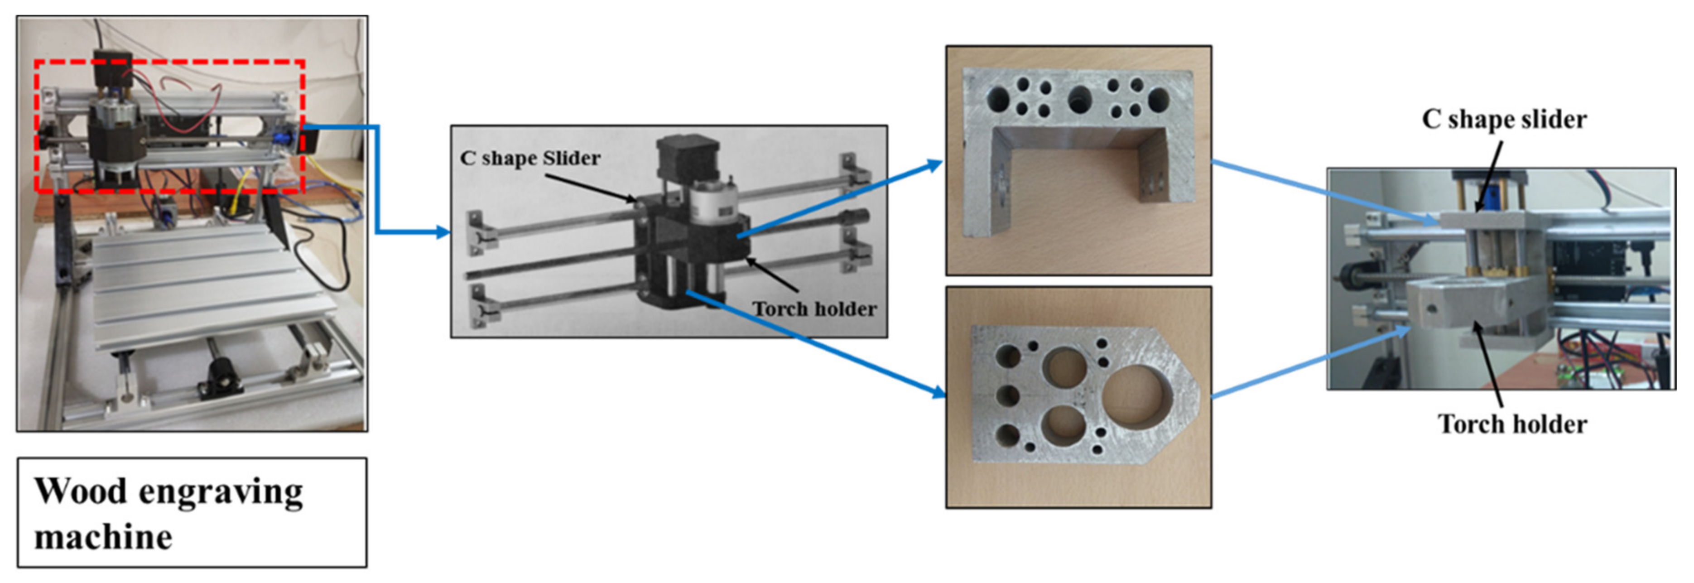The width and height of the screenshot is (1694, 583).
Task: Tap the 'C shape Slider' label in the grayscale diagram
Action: pos(530,158)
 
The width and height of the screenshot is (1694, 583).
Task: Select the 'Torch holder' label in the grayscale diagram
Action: pos(814,308)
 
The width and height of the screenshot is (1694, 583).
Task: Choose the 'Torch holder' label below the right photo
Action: pos(1512,424)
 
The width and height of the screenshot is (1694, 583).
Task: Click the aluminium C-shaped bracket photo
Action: pos(1078,160)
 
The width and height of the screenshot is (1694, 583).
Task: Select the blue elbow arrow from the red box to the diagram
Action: pos(377,179)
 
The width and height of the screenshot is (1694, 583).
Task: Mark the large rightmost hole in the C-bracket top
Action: pos(1159,99)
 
